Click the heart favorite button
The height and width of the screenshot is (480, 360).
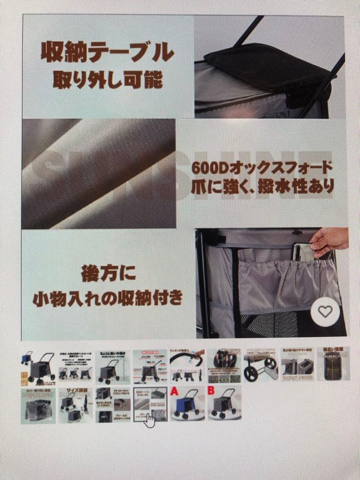point(325,312)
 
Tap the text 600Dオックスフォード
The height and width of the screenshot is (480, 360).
point(262,168)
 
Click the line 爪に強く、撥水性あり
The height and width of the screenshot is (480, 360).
point(262,185)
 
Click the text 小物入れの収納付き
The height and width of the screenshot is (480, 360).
point(108,298)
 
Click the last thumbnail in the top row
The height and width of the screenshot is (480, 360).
point(333,364)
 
